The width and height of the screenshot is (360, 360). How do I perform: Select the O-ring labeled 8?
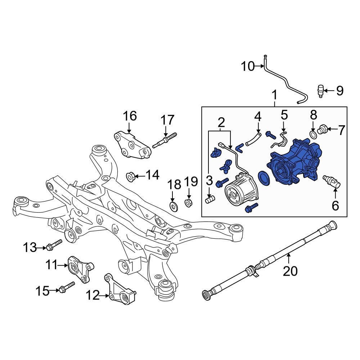tap(313, 135)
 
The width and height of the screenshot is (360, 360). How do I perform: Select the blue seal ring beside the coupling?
tap(264, 179)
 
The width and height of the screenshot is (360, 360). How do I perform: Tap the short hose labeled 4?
tap(253, 139)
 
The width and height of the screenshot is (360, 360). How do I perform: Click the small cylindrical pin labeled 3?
tap(210, 198)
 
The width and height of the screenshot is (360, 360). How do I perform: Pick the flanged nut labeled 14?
tap(130, 176)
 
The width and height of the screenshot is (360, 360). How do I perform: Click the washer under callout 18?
tap(174, 206)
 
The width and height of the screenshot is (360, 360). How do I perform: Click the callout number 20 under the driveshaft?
tap(290, 271)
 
